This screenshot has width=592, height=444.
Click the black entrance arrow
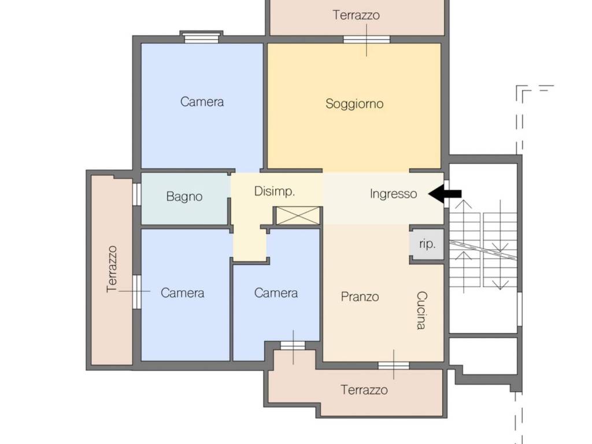coord(445,194)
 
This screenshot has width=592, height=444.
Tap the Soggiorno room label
coord(354,104)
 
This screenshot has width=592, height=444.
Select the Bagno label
coord(184,197)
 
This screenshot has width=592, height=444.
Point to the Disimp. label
coord(275,191)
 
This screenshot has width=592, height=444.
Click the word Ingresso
coord(393,194)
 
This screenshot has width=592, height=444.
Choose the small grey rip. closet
coord(427,245)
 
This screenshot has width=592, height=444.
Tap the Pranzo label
coord(360,297)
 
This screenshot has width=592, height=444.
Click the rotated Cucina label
coord(421,310)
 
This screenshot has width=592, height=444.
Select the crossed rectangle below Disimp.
coord(298,216)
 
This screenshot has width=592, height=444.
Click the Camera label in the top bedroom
coord(202,102)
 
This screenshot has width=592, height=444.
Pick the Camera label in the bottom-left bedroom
coord(182,293)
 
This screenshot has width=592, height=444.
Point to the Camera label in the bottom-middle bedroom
coord(276,293)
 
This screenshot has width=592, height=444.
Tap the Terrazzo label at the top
coord(356,15)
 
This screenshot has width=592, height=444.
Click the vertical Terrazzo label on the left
coord(112,269)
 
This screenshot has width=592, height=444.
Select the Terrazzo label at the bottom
coord(364,390)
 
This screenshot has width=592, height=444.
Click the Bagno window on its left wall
coord(137,194)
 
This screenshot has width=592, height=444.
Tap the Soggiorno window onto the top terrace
coord(367,40)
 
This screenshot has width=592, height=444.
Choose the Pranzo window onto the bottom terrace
coord(394,365)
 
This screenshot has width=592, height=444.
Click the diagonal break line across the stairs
coord(483,250)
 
